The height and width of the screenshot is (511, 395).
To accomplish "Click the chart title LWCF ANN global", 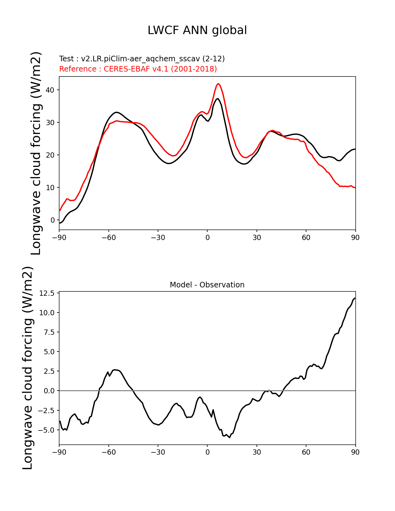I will click(x=197, y=30).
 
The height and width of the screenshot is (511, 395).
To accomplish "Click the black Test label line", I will click(x=142, y=59).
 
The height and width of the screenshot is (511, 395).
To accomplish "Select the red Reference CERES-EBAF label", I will click(x=138, y=69).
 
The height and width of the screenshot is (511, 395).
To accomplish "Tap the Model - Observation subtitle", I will click(x=207, y=285).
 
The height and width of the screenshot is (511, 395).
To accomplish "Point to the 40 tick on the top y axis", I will click(x=50, y=90).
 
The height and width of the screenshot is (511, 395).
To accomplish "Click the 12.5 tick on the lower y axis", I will click(x=47, y=293).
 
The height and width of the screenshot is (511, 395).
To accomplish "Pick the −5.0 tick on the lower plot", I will click(x=47, y=430).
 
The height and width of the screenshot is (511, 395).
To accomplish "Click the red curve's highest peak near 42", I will click(x=218, y=84).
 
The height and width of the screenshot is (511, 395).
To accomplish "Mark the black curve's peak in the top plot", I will click(x=218, y=99).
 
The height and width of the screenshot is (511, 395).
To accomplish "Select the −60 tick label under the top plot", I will click(x=108, y=238).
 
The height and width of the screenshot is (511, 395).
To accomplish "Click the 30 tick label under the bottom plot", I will click(x=257, y=452).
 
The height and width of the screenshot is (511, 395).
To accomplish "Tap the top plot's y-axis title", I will click(x=36, y=153).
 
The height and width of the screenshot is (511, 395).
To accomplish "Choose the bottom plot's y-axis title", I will click(x=28, y=368).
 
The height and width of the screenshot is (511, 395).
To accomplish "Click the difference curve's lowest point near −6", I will click(x=230, y=437).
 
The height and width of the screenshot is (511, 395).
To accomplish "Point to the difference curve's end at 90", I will click(x=355, y=298).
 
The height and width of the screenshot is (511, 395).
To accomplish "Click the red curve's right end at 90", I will click(x=355, y=188).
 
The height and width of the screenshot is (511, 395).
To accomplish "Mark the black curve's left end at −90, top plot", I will click(x=60, y=223).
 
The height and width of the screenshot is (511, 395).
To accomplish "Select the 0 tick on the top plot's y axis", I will click(x=53, y=220).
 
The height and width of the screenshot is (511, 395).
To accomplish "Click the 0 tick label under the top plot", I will click(x=207, y=238).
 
